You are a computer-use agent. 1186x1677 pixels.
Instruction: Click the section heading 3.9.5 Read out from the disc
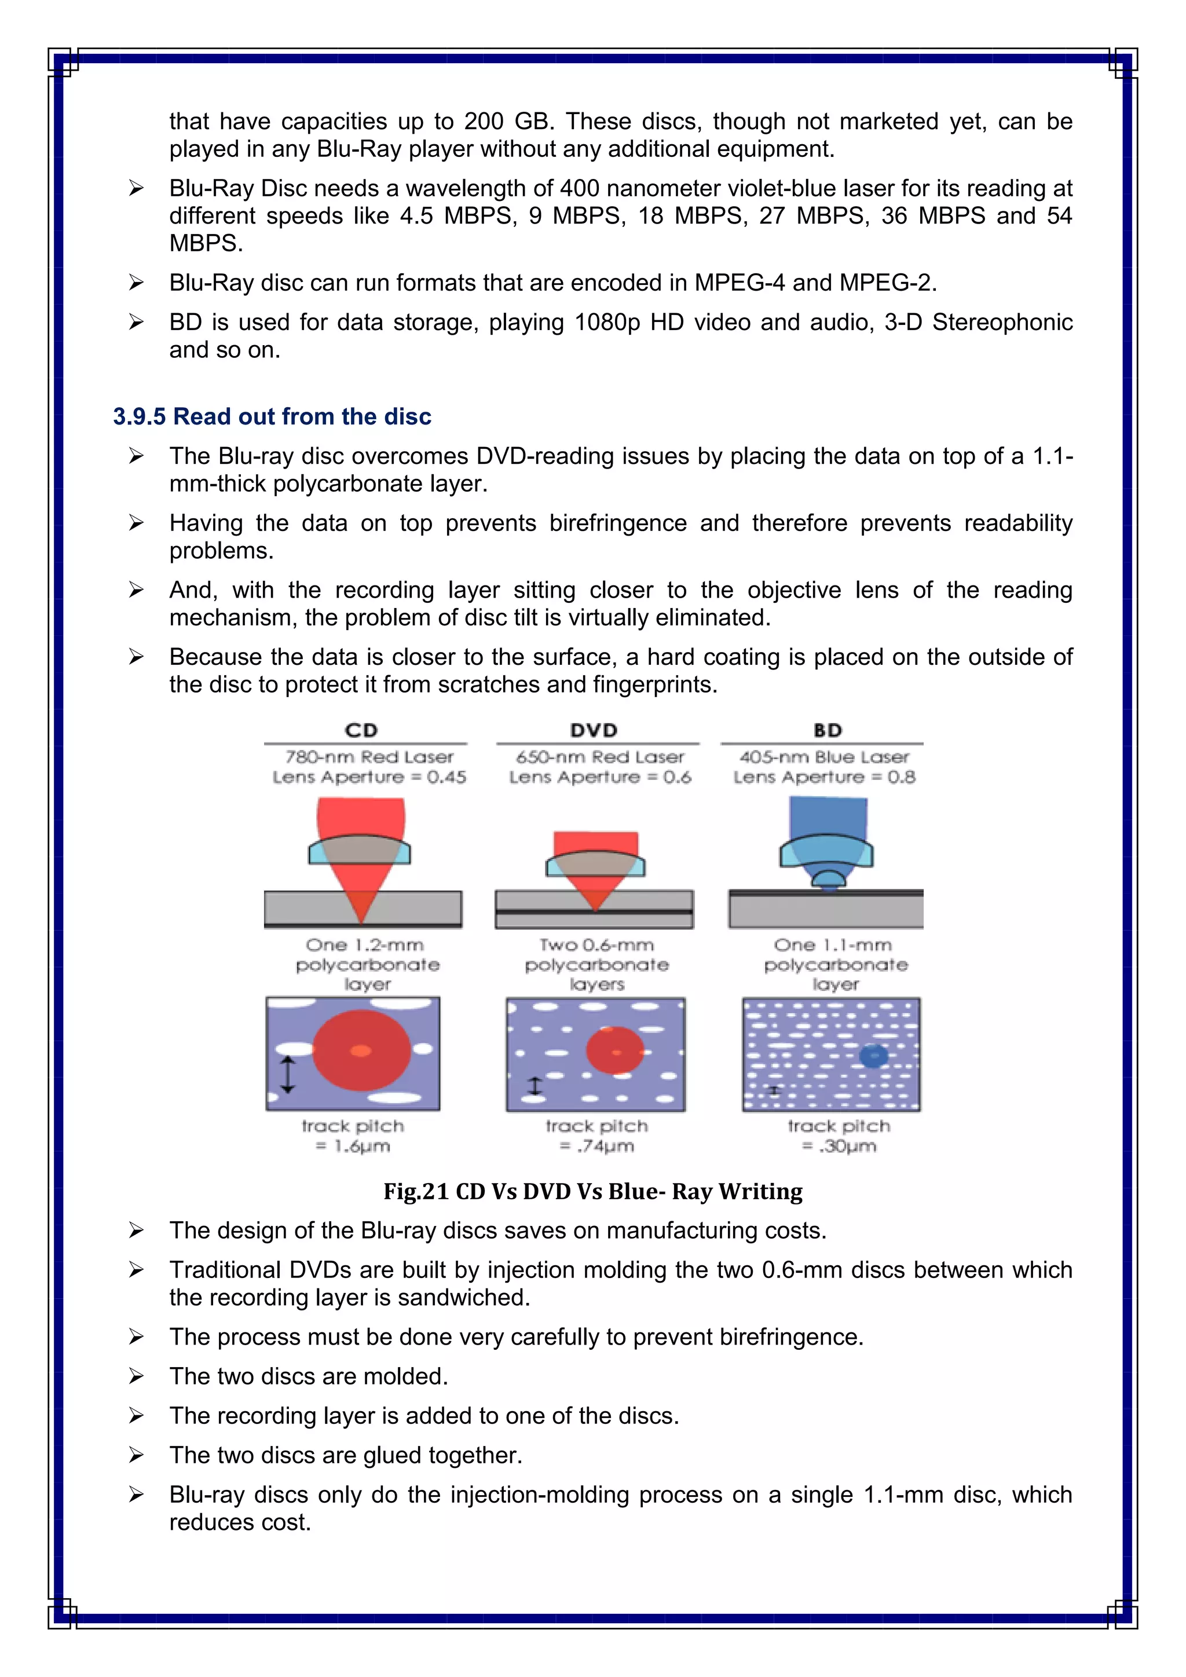272,416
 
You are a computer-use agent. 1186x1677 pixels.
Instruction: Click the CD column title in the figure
361,730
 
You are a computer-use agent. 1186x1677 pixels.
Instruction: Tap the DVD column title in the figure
594,730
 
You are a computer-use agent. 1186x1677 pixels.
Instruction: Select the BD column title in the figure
828,730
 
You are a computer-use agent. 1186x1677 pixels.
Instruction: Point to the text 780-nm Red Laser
369,757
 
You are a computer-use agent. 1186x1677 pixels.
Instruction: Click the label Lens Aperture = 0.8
825,777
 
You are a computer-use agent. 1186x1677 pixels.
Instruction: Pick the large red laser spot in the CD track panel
361,1050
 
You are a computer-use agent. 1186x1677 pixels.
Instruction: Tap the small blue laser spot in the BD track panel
873,1056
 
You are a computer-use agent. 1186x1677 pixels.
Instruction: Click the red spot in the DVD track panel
615,1050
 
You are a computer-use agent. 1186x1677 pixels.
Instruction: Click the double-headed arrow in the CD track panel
288,1074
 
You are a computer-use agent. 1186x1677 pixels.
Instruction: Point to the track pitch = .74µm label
596,1136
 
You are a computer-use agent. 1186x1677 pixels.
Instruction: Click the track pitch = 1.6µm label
353,1136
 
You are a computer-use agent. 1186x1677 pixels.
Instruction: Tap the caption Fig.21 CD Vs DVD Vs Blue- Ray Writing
593,1191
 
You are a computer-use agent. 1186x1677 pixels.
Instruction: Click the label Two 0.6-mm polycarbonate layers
596,964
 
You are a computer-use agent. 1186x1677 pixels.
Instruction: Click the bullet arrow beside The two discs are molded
136,1376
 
